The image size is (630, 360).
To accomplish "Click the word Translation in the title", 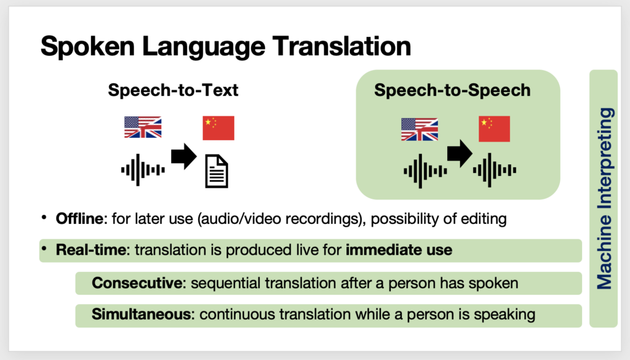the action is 341,46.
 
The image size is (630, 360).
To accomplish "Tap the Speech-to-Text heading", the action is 173,90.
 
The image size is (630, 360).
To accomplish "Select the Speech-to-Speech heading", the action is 452,90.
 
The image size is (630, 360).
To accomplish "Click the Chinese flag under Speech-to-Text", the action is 218,128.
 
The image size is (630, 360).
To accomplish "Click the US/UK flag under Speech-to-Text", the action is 143,127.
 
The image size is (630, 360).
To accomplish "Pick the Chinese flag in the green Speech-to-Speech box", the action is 494,129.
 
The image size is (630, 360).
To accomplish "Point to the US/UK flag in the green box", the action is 420,129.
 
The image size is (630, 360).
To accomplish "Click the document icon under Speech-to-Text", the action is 217,172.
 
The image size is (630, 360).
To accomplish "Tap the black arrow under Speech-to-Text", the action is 183,156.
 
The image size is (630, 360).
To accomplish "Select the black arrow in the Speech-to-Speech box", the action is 460,153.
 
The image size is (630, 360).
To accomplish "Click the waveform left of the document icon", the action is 143,170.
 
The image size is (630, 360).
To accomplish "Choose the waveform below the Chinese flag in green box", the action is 495,170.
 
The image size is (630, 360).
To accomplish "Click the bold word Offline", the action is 79,219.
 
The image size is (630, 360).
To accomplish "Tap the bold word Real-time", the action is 91,250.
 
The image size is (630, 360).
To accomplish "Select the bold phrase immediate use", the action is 399,250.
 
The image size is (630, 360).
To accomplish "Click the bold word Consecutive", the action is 137,283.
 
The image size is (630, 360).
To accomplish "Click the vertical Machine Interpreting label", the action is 604,199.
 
